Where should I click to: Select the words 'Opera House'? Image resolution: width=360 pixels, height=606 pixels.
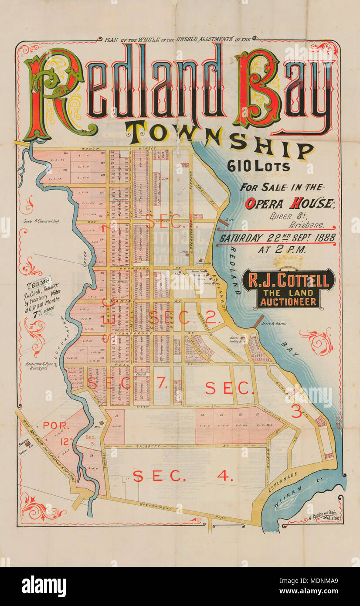coord(284,203)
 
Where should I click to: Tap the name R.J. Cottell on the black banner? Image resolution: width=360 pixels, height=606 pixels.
coord(289,281)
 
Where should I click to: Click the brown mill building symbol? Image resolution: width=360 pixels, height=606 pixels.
coord(102,422)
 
